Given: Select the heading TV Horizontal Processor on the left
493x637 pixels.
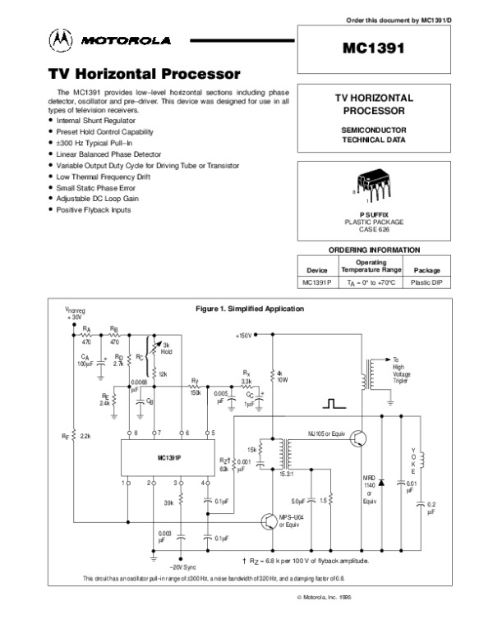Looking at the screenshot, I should (x=144, y=75).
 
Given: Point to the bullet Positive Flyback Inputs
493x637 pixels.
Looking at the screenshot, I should (x=94, y=209).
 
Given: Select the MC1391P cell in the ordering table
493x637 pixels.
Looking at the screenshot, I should (x=316, y=282).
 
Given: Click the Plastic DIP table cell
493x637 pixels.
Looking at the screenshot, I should (x=426, y=282).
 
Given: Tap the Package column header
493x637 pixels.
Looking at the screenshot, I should (x=426, y=270).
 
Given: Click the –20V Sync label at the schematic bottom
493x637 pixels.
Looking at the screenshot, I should (x=183, y=566).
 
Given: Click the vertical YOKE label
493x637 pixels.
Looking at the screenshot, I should (x=412, y=464).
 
